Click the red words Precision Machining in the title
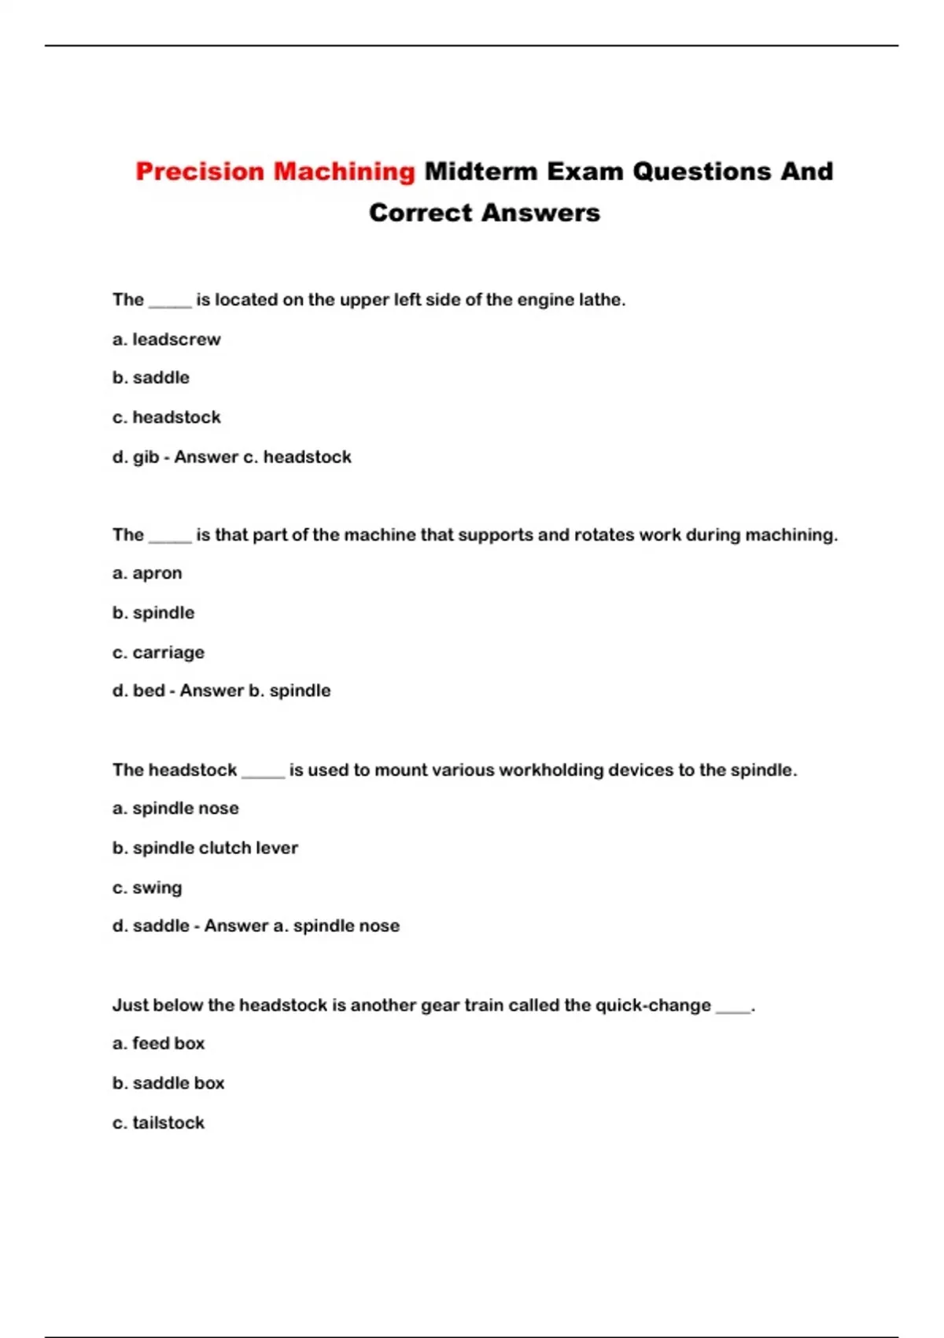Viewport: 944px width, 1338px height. (275, 172)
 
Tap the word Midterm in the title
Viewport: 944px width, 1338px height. (481, 172)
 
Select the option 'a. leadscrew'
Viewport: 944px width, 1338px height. (166, 339)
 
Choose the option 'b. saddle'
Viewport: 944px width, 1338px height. (151, 378)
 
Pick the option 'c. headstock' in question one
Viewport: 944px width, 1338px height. (166, 417)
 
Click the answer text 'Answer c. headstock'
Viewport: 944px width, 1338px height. (263, 456)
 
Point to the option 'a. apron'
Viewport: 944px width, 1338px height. (147, 573)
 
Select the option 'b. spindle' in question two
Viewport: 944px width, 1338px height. (153, 612)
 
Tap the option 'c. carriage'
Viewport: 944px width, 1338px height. (158, 652)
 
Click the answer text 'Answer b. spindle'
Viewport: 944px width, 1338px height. (255, 690)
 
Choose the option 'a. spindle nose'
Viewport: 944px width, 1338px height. (175, 808)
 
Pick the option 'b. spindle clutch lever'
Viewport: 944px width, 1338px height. (205, 848)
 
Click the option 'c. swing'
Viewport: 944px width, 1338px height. (147, 888)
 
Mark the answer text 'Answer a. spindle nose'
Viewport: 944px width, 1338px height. (302, 926)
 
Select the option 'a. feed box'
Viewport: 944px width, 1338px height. (158, 1043)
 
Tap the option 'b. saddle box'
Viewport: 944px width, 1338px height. (168, 1083)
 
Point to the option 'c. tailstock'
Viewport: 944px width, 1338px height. (158, 1122)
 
